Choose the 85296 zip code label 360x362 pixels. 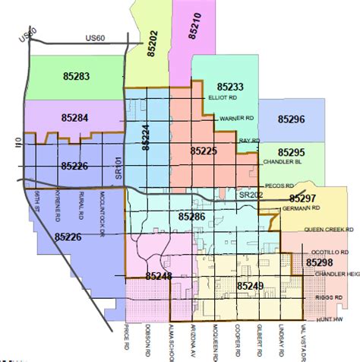291,119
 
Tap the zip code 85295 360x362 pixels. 291,152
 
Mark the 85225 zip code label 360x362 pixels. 203,151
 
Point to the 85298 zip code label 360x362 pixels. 320,262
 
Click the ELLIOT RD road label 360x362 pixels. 223,98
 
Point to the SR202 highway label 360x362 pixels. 249,195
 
